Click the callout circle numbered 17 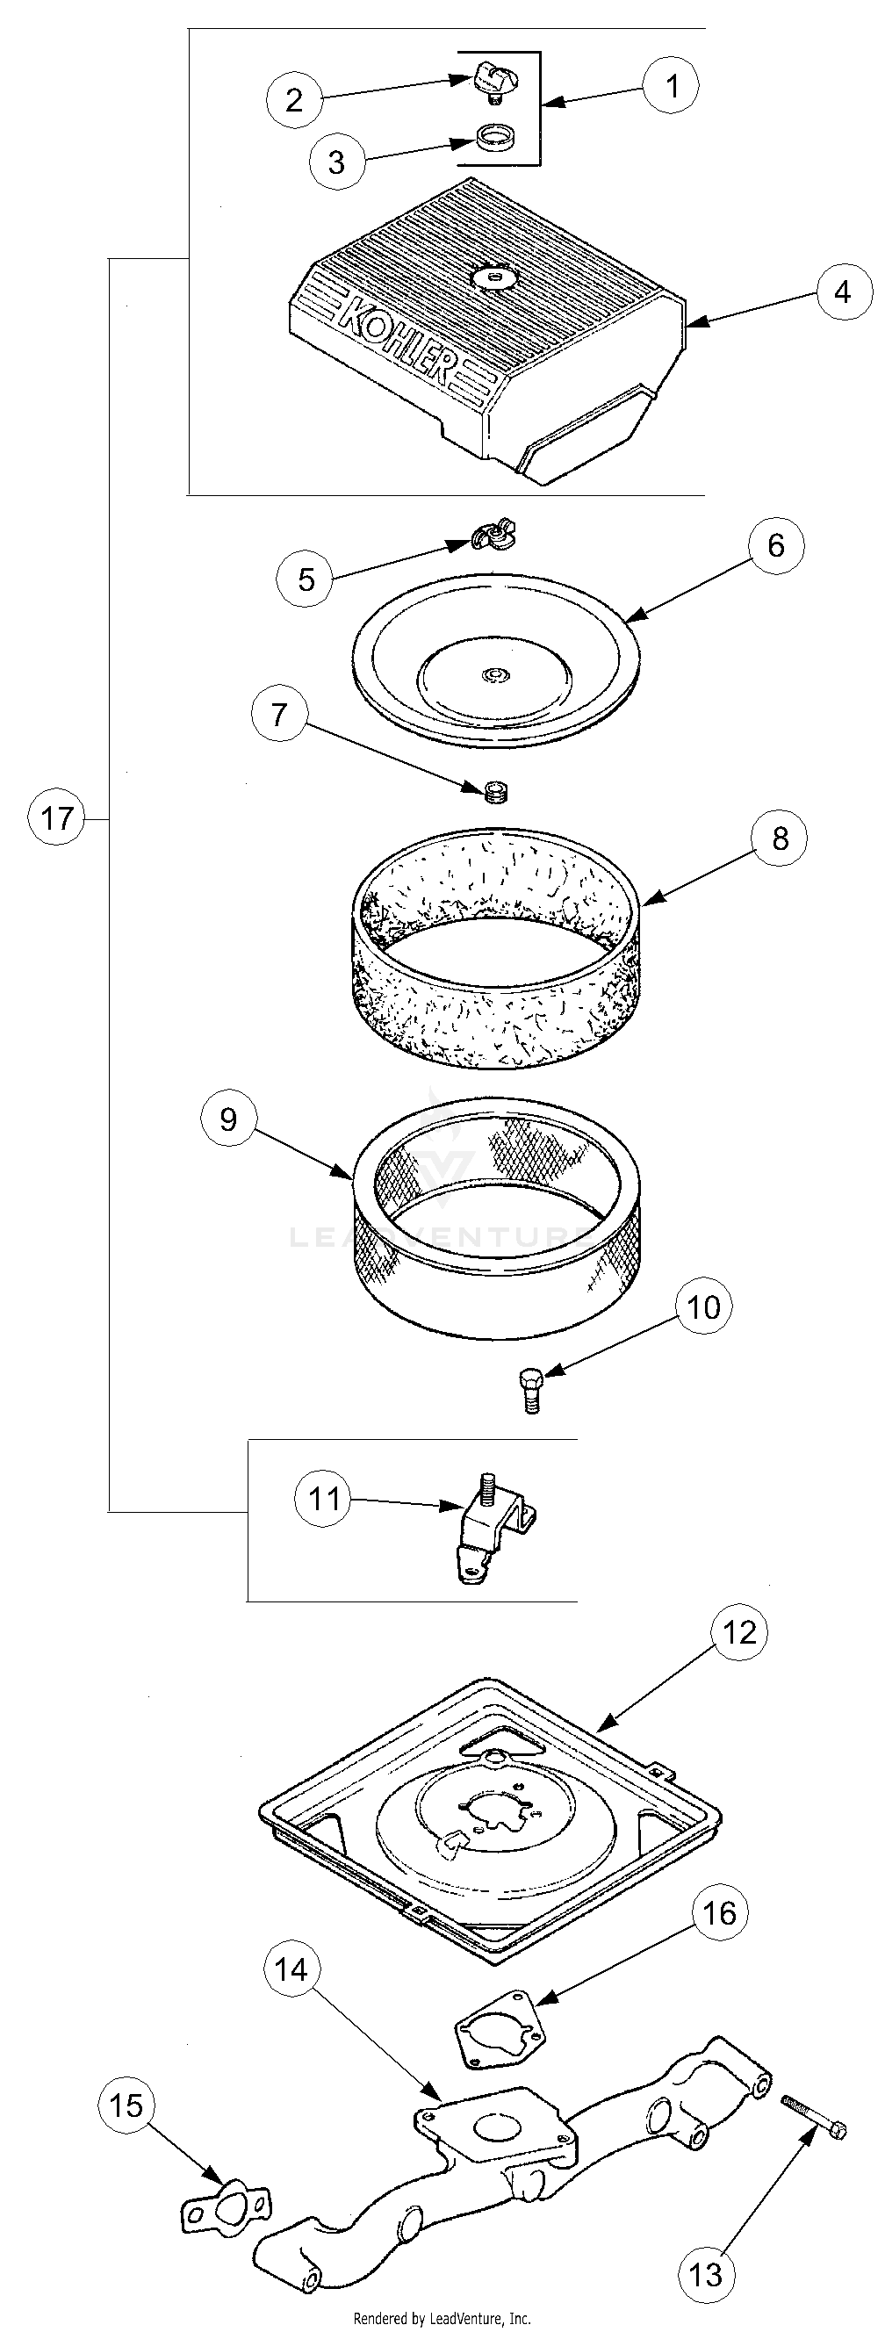click(x=56, y=819)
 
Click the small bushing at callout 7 click(x=495, y=792)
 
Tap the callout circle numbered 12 click(x=739, y=1632)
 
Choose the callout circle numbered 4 click(x=843, y=292)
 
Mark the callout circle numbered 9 click(x=228, y=1119)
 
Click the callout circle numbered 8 click(x=779, y=839)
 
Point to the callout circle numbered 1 click(x=672, y=86)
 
